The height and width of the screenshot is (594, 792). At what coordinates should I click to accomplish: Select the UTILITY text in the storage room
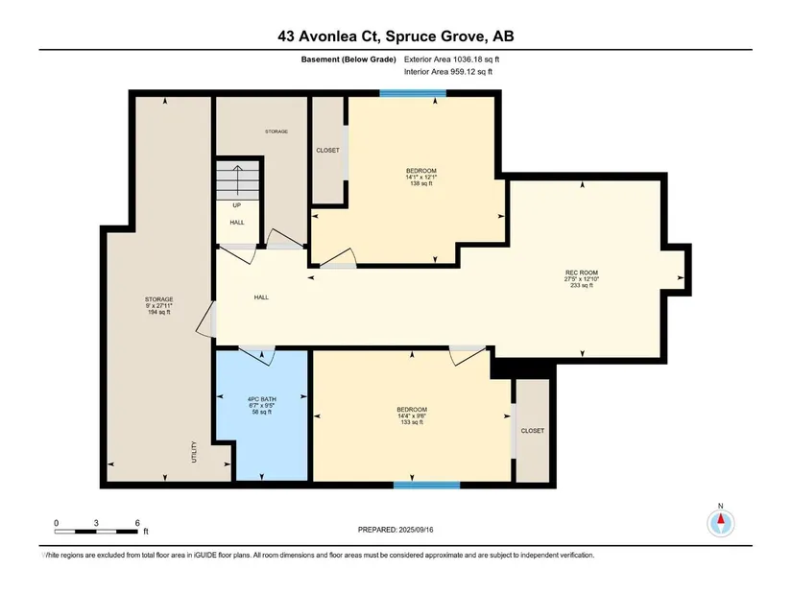tap(194, 452)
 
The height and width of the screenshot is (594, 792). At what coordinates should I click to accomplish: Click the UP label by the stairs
tap(237, 205)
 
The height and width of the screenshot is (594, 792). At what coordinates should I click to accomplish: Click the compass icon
tap(721, 523)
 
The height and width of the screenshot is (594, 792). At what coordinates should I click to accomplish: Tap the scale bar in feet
tap(96, 532)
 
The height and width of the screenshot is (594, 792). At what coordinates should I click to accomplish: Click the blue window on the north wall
tap(413, 93)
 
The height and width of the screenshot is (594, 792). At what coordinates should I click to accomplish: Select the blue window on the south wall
tap(427, 486)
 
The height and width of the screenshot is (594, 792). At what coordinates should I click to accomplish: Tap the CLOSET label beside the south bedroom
tap(533, 431)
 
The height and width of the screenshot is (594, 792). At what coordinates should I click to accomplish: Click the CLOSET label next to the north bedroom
tap(327, 150)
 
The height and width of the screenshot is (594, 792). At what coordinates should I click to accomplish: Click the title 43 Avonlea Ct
tap(330, 36)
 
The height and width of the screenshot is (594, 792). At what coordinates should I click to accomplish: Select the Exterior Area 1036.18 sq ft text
tap(451, 59)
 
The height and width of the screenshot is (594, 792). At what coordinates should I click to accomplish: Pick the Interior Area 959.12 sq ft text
tap(448, 72)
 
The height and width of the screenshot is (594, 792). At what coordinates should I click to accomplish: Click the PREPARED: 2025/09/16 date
tap(396, 530)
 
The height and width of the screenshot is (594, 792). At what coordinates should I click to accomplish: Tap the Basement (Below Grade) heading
tap(348, 59)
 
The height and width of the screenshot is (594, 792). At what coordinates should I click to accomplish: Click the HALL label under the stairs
tap(237, 223)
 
